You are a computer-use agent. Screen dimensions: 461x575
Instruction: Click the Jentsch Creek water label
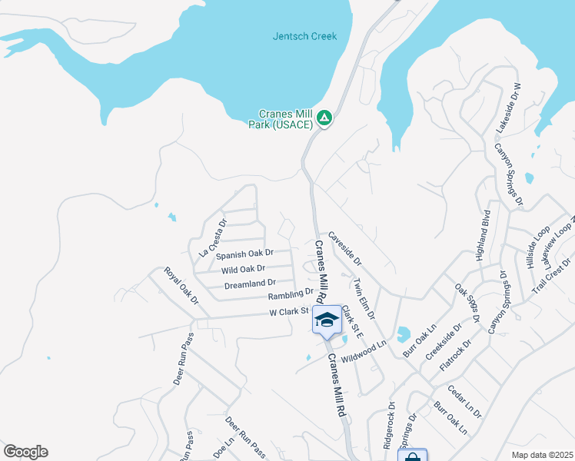pyautogui.click(x=304, y=36)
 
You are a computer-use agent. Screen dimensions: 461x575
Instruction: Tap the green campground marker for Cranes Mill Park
pyautogui.click(x=324, y=118)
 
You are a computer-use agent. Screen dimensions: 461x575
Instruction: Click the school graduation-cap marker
pyautogui.click(x=327, y=320)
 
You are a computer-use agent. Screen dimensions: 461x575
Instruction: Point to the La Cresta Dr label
pyautogui.click(x=212, y=239)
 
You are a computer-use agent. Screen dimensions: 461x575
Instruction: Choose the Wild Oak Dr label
pyautogui.click(x=243, y=270)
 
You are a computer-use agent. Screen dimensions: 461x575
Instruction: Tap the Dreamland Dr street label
pyautogui.click(x=250, y=284)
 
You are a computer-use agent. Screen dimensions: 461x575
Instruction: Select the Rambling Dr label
pyautogui.click(x=291, y=294)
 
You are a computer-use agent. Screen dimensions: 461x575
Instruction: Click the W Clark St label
pyautogui.click(x=287, y=311)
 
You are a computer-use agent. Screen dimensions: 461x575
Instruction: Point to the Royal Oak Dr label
pyautogui.click(x=181, y=285)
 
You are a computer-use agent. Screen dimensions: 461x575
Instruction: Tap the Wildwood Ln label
pyautogui.click(x=363, y=353)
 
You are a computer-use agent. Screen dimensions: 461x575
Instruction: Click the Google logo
pyautogui.click(x=25, y=452)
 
